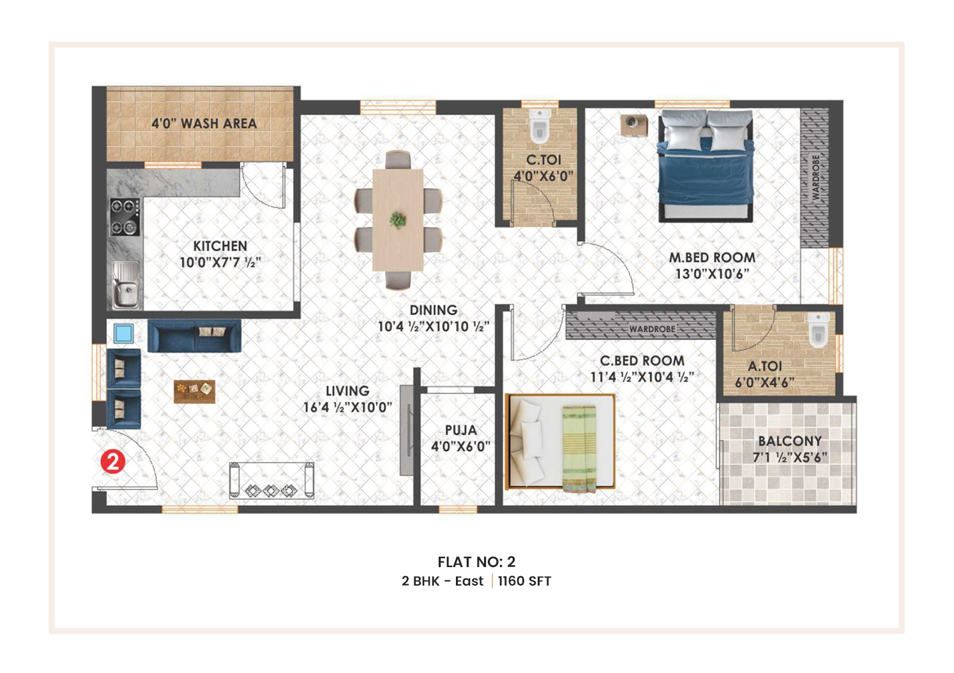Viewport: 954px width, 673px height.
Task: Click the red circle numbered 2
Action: click(113, 462)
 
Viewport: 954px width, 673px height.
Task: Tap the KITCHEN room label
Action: click(220, 246)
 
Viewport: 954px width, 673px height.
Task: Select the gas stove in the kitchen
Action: click(125, 217)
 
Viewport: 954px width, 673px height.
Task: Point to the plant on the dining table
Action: click(398, 220)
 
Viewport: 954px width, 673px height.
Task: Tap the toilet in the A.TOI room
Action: click(818, 329)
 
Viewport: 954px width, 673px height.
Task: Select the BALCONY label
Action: click(790, 441)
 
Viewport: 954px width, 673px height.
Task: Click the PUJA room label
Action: click(461, 430)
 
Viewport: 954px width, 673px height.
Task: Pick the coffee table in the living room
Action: click(195, 392)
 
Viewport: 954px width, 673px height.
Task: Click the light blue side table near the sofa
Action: click(123, 333)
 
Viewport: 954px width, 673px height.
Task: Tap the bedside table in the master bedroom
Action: click(634, 125)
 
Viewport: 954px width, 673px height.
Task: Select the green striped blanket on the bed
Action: click(579, 448)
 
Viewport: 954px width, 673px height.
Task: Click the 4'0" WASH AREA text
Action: click(204, 124)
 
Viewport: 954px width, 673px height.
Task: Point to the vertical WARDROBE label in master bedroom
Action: click(816, 177)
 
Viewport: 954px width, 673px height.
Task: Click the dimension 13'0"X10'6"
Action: click(713, 274)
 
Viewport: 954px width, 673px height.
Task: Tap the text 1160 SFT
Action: click(525, 581)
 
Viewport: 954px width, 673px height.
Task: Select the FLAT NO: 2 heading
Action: click(476, 562)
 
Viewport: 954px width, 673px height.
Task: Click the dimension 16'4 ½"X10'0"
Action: click(347, 408)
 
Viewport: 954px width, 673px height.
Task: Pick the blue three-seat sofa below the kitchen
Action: click(194, 336)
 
